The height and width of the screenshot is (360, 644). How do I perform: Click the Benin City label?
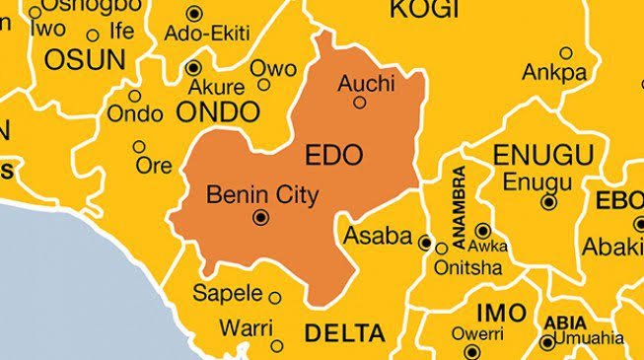(x=262, y=195)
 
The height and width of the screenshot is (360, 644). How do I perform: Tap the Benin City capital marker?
(x=260, y=218)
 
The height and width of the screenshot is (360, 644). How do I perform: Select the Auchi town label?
(x=365, y=83)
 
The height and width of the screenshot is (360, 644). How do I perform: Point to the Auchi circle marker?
(x=360, y=102)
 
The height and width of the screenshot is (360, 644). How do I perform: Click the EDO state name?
(x=334, y=155)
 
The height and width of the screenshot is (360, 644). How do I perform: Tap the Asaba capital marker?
(x=425, y=242)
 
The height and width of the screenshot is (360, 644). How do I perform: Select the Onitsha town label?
(x=468, y=267)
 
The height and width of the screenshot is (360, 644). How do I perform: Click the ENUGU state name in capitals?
(x=542, y=155)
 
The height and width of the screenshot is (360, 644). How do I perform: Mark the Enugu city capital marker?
(x=548, y=202)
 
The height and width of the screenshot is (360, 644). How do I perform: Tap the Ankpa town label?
(x=554, y=72)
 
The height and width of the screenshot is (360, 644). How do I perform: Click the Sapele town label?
(x=228, y=293)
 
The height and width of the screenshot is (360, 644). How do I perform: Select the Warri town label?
(x=246, y=324)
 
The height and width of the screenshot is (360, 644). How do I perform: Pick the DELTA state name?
(x=344, y=333)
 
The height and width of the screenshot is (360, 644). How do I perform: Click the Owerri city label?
(x=477, y=333)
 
